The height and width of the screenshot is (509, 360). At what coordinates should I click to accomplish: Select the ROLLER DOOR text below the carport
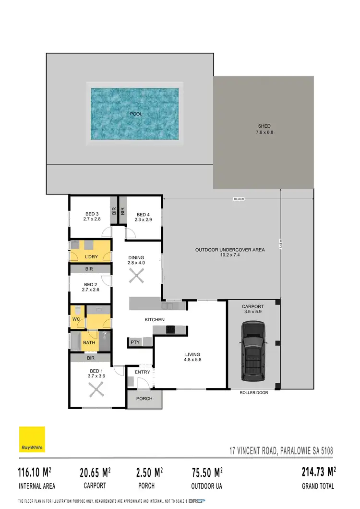pos(254,392)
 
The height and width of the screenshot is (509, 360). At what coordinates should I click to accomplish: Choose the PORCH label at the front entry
pos(144,399)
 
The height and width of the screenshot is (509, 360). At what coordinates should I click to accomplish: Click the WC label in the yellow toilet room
pos(75,319)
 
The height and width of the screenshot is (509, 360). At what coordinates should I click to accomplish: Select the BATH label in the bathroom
pos(89,343)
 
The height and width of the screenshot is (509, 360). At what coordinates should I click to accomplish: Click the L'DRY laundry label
pos(91,257)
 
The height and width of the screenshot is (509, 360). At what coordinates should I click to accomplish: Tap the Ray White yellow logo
pos(32,439)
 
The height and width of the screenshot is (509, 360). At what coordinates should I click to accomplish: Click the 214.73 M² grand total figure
pos(318,472)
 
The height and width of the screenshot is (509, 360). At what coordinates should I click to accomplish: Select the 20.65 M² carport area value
pos(95,473)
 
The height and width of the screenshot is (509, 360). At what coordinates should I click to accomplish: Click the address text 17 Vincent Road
pos(281,451)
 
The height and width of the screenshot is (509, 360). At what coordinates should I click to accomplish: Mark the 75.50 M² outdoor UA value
pos(205,473)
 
